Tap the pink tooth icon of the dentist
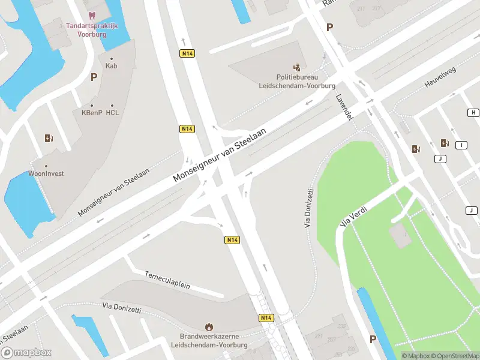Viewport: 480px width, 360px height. click(91, 14)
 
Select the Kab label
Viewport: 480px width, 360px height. click(111, 66)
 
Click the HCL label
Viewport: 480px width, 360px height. click(112, 112)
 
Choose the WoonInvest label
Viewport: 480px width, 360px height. click(46, 173)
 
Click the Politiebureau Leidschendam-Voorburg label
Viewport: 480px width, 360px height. click(297, 81)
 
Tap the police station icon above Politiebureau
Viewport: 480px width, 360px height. click(296, 67)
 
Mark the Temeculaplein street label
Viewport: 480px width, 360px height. click(167, 280)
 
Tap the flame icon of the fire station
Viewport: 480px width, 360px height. click(209, 326)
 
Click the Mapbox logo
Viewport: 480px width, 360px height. click(26, 353)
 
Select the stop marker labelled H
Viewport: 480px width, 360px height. click(473, 113)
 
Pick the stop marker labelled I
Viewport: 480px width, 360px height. click(461, 145)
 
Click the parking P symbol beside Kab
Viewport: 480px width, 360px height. click(94, 77)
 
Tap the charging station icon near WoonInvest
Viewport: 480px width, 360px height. click(49, 138)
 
